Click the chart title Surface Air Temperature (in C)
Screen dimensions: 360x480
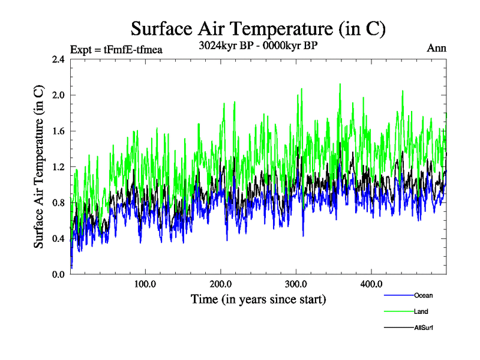pyautogui.click(x=258, y=28)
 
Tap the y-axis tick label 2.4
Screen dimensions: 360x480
pyautogui.click(x=59, y=59)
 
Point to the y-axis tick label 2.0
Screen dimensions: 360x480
pyautogui.click(x=59, y=95)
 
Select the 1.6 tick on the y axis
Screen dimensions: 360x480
pyautogui.click(x=59, y=131)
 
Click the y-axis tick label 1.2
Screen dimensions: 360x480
pyautogui.click(x=59, y=167)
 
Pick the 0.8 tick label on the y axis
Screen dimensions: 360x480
pyautogui.click(x=59, y=203)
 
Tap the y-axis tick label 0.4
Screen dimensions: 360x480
pyautogui.click(x=59, y=239)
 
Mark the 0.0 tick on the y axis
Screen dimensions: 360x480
pyautogui.click(x=59, y=274)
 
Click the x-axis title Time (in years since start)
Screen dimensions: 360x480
pyautogui.click(x=258, y=299)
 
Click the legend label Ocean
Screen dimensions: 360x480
pyautogui.click(x=423, y=295)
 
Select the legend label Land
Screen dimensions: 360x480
pyautogui.click(x=421, y=311)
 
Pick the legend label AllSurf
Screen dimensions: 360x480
pyautogui.click(x=424, y=328)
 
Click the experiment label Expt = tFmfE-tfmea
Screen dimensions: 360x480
pyautogui.click(x=116, y=49)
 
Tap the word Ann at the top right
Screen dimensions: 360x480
pyautogui.click(x=436, y=48)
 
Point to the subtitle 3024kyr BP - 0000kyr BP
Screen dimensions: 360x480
pyautogui.click(x=259, y=44)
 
